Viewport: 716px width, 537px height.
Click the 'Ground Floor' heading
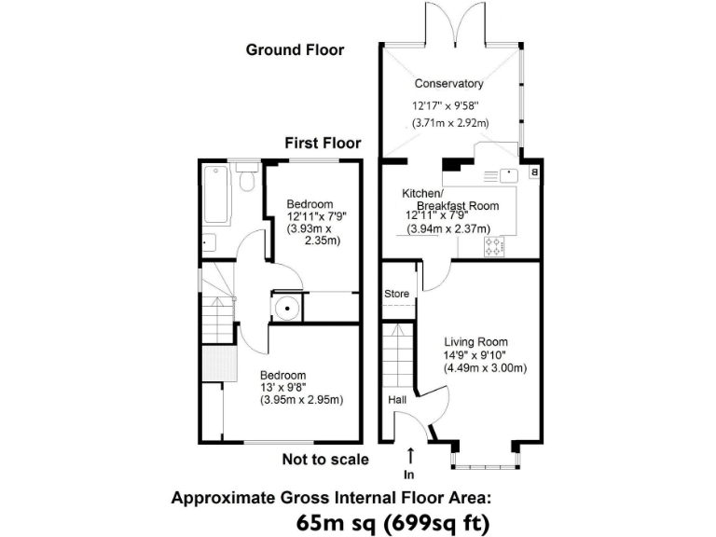(x=295, y=49)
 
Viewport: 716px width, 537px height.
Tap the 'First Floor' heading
(x=323, y=143)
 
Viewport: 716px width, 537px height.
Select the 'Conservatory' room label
(x=448, y=84)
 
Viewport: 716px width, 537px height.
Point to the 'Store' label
(x=397, y=294)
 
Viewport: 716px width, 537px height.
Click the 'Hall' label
(x=396, y=400)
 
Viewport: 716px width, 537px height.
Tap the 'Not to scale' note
(x=325, y=459)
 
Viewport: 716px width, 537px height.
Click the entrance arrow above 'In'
(x=411, y=455)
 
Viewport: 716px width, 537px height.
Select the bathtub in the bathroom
(x=216, y=194)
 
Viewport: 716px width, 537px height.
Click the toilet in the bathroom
(x=247, y=177)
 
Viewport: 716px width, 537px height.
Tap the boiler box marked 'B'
(x=534, y=172)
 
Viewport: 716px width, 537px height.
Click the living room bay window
(x=485, y=457)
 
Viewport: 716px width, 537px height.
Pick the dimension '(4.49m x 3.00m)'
(x=485, y=367)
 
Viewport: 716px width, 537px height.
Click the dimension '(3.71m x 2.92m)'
(x=451, y=122)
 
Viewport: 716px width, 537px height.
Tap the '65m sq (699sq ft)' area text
(x=392, y=521)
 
